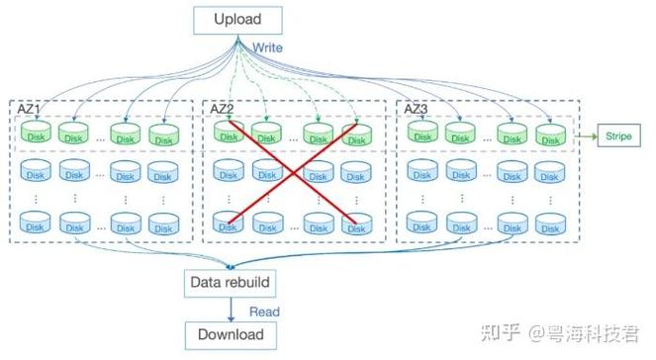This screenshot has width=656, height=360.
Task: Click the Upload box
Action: tap(237, 19)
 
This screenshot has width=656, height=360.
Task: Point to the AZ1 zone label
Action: tap(29, 108)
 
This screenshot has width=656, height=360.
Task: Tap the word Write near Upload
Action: tap(267, 47)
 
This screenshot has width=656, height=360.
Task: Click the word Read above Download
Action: tap(263, 311)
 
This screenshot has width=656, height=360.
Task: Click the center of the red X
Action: tap(292, 175)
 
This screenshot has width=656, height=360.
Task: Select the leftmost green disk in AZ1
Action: tap(37, 134)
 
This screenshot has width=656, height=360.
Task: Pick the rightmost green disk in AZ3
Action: tap(550, 134)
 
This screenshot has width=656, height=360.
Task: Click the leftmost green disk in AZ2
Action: tap(229, 134)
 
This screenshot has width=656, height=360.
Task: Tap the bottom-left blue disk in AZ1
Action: tap(37, 223)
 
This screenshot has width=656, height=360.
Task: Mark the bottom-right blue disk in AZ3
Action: tap(550, 223)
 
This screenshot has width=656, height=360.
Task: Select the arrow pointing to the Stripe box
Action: tap(581, 135)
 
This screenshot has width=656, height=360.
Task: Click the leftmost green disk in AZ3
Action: tap(422, 134)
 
